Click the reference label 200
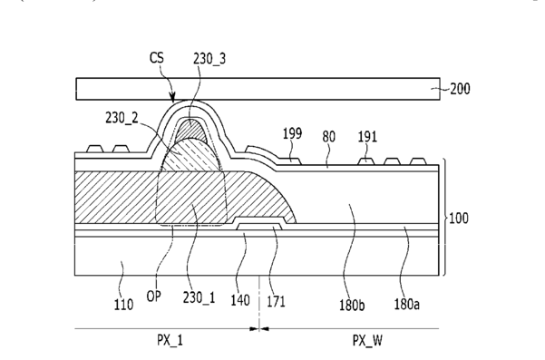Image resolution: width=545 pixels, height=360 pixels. click(460, 89)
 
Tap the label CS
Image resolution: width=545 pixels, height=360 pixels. click(157, 58)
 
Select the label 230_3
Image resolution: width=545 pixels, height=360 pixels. click(209, 59)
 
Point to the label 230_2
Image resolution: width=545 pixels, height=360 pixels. click(122, 118)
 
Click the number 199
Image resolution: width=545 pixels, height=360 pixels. click(292, 133)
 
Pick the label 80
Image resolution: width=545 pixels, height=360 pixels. click(329, 137)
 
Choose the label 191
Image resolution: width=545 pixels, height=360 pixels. click(367, 137)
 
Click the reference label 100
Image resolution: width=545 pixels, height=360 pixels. click(459, 219)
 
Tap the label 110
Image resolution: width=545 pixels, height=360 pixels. click(123, 305)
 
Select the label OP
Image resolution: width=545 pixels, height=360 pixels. click(153, 297)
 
